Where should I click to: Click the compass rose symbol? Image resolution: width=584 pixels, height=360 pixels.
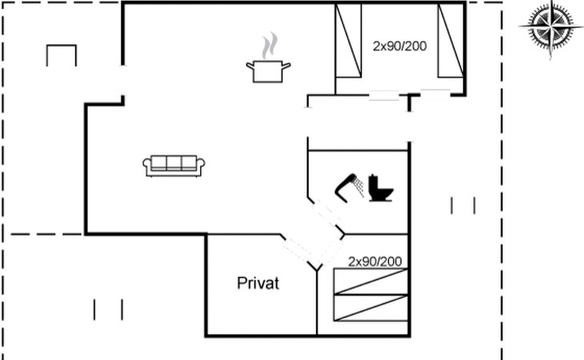coord(550,27)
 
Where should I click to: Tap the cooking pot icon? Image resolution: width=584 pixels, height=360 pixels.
coord(268,71)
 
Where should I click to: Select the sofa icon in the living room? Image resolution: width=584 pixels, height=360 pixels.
coord(174,166)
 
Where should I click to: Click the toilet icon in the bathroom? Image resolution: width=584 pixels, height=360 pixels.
coord(381,188)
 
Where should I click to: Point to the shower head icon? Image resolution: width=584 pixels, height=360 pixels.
coord(350,188)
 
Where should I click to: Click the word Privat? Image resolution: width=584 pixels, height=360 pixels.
coord(258,283)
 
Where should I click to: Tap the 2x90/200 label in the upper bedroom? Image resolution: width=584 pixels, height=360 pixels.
coord(400,46)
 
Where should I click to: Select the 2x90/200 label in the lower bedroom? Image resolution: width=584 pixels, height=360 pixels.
coord(374,262)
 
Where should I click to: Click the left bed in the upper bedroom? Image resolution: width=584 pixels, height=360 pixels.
coord(348,41)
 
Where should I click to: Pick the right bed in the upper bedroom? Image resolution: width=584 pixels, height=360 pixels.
coord(451,41)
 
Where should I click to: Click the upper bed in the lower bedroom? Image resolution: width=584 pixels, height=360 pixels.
coord(370,282)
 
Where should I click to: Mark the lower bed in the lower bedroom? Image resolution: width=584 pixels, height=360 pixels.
coord(370,307)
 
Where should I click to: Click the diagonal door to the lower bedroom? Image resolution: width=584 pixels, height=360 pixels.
coord(330,252)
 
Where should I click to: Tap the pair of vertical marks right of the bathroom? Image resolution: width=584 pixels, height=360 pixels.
coord(463,206)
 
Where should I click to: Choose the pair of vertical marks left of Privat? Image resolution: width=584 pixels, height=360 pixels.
coord(108,310)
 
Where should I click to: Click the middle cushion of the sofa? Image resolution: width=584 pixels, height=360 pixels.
coord(174,162)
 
